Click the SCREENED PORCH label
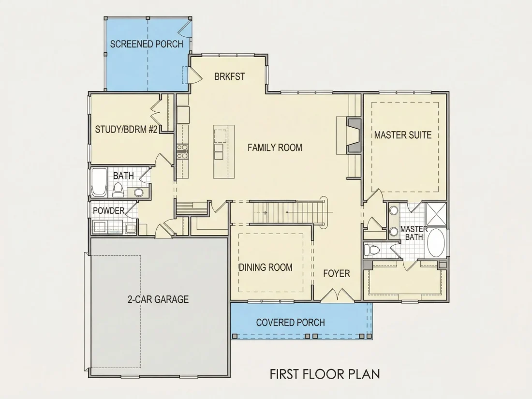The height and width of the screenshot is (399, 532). pyautogui.click(x=147, y=44)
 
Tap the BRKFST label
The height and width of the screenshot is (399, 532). pyautogui.click(x=230, y=77)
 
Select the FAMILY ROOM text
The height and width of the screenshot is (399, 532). pyautogui.click(x=275, y=148)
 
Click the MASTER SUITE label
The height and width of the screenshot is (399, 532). pyautogui.click(x=403, y=135)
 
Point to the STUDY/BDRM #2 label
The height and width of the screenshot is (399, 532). pyautogui.click(x=126, y=129)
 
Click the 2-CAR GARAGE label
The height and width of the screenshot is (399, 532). pyautogui.click(x=158, y=299)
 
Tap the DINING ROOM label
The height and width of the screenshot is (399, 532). pyautogui.click(x=266, y=267)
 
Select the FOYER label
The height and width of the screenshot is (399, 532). pyautogui.click(x=337, y=273)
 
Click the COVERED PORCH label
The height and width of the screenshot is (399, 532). pyautogui.click(x=291, y=322)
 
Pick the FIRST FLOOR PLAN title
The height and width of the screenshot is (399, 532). pyautogui.click(x=325, y=374)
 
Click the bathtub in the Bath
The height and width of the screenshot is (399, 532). pyautogui.click(x=99, y=182)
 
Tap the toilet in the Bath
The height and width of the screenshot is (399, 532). pyautogui.click(x=118, y=190)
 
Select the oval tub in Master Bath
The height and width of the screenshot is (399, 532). pyautogui.click(x=436, y=243)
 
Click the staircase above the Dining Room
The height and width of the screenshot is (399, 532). pyautogui.click(x=287, y=212)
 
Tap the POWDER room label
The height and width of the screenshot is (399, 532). pyautogui.click(x=109, y=211)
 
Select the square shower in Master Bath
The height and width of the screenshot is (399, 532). pyautogui.click(x=436, y=214)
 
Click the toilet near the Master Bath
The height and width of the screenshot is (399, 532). pyautogui.click(x=371, y=251)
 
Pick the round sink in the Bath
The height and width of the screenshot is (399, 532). pyautogui.click(x=138, y=192)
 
